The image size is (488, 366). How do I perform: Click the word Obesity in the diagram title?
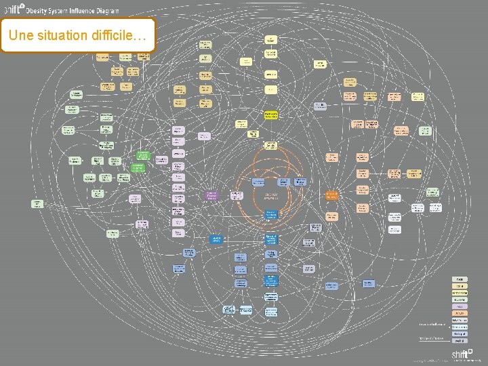point(39,11)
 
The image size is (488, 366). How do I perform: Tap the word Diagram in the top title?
point(105,11)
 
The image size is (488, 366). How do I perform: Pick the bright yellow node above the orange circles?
point(271,115)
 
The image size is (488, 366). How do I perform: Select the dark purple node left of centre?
point(211,195)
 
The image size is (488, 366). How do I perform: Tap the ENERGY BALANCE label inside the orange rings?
point(270,195)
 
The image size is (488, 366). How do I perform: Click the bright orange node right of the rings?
point(331,195)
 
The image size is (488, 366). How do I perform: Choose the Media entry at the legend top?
point(460,279)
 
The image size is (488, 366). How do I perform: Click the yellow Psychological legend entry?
point(460,293)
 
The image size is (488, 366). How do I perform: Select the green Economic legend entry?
point(460,300)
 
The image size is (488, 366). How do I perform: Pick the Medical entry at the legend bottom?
point(460,341)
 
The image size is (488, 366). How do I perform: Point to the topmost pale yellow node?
point(271,39)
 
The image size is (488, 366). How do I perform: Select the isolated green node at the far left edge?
point(38,203)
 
